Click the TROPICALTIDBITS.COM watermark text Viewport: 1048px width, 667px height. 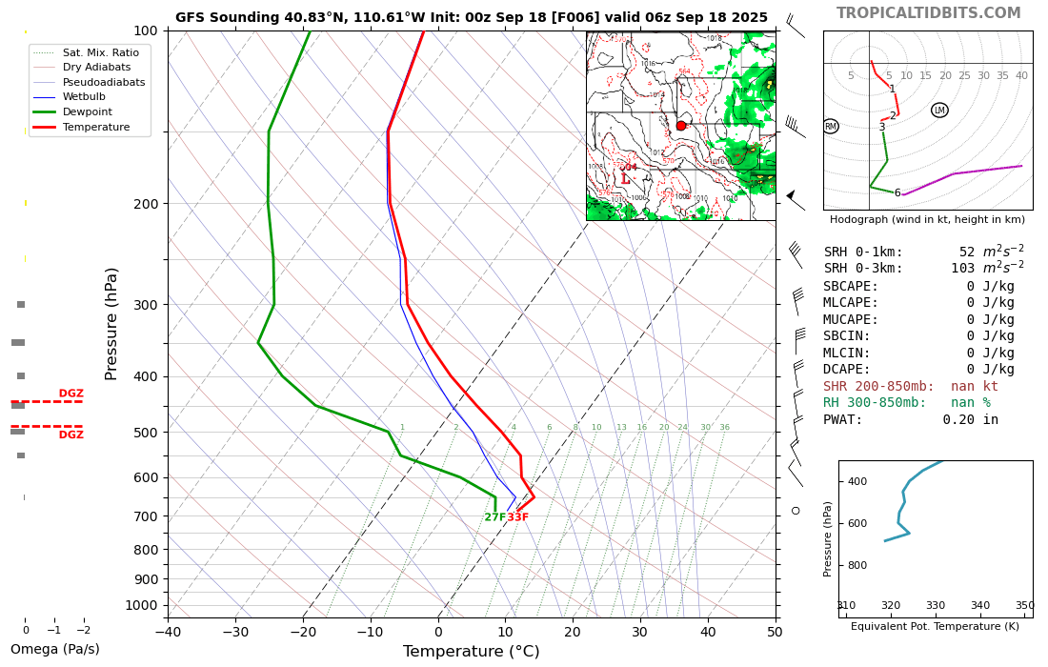928,13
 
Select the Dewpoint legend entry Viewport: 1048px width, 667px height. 88,111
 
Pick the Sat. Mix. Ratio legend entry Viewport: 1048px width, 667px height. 101,52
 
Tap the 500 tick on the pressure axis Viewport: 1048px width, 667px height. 145,433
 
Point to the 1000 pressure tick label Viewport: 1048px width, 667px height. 141,605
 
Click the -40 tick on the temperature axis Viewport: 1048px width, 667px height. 168,631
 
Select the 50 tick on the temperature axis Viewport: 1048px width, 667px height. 775,631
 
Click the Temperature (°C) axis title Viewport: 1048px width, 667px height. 471,652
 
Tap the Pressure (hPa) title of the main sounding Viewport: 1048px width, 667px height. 112,324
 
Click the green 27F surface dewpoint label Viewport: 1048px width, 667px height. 494,517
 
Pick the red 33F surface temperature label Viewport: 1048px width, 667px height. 517,517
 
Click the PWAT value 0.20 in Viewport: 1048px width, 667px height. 971,419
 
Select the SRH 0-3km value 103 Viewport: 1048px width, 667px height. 962,269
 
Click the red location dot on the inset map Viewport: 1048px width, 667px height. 681,126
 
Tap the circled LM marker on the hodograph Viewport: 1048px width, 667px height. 939,111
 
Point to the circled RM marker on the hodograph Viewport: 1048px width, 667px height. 831,126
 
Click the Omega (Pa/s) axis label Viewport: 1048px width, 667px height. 54,650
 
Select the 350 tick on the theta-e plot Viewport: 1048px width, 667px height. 1024,605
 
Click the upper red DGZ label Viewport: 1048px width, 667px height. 71,394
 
